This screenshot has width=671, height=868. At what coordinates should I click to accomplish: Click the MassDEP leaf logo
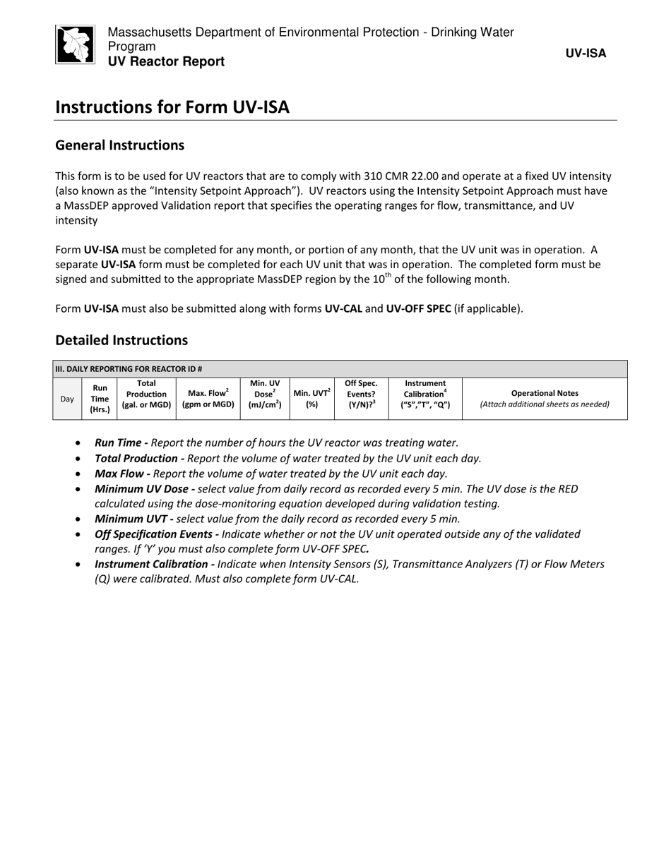[75, 44]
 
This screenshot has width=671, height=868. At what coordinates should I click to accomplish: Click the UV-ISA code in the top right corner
[586, 53]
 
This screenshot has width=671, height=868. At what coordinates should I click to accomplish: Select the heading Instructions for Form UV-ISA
[172, 107]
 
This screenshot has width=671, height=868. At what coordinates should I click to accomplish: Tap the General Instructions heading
[119, 145]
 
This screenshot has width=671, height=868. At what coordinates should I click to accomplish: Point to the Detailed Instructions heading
[121, 340]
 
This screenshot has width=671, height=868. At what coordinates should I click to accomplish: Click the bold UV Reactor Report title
[166, 61]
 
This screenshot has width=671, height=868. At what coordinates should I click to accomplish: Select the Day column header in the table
[67, 399]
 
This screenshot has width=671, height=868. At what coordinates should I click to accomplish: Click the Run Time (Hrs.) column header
[100, 399]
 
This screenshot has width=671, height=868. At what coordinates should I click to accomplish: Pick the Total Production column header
[146, 394]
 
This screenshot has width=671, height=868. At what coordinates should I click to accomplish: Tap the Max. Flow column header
[208, 399]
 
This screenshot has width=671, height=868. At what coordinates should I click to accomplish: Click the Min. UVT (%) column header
[311, 399]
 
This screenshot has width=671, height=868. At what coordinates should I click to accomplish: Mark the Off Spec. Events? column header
[361, 394]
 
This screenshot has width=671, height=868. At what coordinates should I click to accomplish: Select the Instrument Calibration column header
[425, 394]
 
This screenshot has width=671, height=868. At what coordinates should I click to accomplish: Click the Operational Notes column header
[544, 399]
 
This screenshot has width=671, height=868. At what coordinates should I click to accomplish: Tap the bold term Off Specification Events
[157, 534]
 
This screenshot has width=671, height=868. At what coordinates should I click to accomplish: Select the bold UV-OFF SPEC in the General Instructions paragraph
[418, 308]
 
